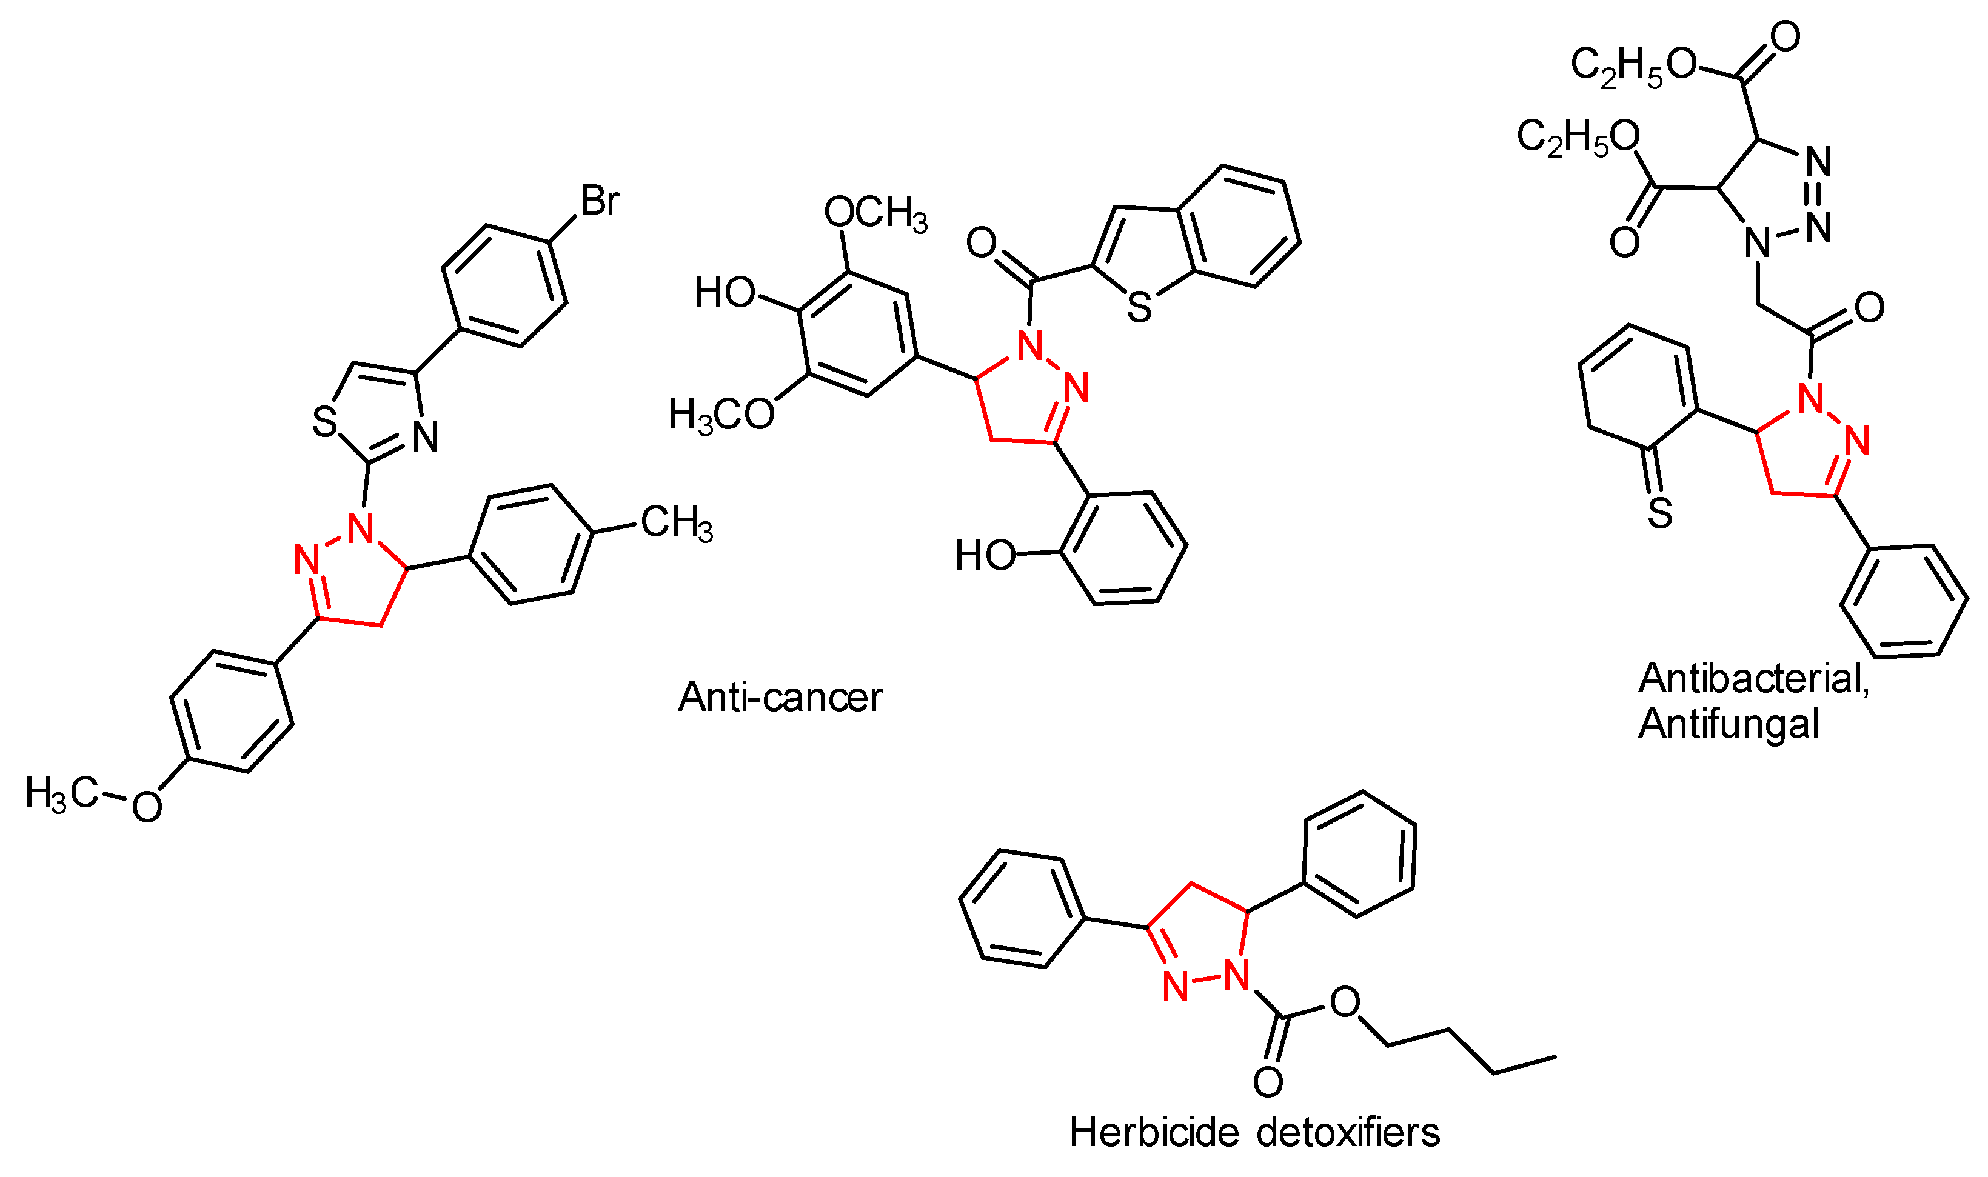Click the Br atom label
coord(599,201)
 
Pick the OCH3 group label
coord(875,213)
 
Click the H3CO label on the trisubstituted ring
coord(721,415)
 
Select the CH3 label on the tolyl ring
coord(677,524)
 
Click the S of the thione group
coord(1659,514)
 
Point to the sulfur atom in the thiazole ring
coord(325,421)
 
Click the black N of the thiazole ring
coord(426,437)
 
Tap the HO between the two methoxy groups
coord(725,293)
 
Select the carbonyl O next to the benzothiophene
coord(982,242)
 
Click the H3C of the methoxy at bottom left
coord(61,793)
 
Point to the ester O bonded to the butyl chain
coord(1345,1002)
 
